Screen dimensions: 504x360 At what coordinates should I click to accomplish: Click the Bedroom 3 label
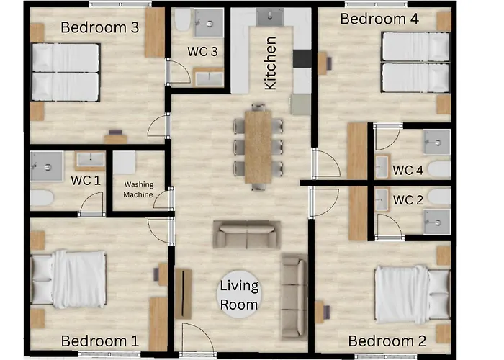[100, 27]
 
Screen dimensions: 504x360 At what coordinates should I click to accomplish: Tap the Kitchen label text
[270, 63]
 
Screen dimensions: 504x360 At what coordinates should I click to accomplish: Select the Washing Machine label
[138, 189]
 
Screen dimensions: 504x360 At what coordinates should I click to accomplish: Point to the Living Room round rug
[239, 294]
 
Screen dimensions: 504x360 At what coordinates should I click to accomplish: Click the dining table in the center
[258, 147]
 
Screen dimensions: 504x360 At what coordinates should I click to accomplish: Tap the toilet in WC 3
[183, 19]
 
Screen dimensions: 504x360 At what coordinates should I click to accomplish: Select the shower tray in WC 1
[47, 166]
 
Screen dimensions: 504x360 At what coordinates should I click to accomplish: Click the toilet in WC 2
[439, 197]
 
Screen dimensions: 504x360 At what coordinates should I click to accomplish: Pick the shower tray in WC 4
[437, 142]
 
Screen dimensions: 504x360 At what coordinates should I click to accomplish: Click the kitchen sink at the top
[270, 17]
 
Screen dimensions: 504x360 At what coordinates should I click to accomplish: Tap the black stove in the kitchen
[302, 58]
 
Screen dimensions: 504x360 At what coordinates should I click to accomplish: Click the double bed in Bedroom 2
[413, 294]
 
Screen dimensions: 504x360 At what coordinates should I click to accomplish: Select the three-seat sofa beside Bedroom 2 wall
[294, 297]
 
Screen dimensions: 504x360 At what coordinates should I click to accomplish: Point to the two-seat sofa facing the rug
[247, 234]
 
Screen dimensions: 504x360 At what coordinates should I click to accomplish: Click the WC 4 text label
[408, 170]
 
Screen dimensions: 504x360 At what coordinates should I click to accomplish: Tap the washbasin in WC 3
[209, 78]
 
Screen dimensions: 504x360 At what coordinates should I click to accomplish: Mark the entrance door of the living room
[197, 338]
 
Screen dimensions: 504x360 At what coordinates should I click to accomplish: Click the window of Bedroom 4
[376, 4]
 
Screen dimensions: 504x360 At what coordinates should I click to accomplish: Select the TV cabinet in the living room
[183, 294]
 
